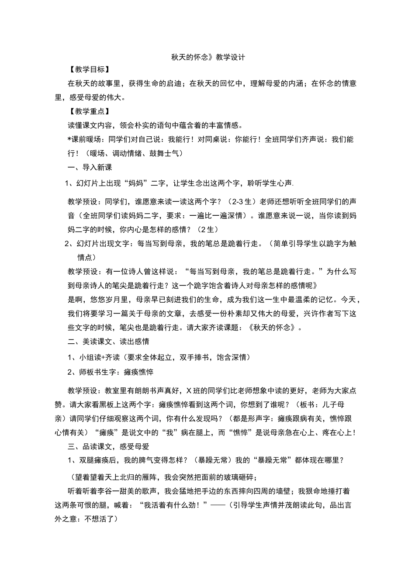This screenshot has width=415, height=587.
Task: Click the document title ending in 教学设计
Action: (208, 57)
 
